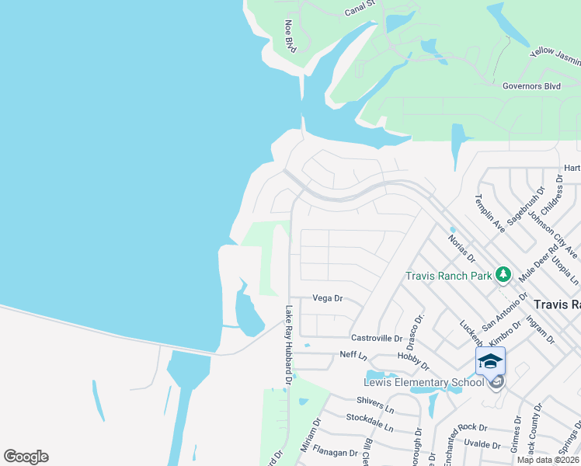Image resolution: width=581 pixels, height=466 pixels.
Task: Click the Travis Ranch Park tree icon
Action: [503, 274]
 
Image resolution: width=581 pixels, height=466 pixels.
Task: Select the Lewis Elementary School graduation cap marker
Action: [490, 361]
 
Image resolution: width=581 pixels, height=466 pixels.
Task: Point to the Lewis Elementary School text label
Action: [417, 382]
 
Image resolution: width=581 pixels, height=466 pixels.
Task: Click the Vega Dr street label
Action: [327, 297]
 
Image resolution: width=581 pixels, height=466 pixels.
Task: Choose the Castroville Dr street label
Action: [377, 338]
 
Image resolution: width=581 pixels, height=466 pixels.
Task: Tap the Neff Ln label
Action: [353, 354]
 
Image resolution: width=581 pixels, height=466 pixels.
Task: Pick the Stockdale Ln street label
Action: [370, 423]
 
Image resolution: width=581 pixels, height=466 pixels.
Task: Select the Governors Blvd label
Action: [531, 86]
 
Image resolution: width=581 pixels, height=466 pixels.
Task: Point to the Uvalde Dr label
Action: [482, 445]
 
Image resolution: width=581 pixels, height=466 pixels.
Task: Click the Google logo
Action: [26, 457]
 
